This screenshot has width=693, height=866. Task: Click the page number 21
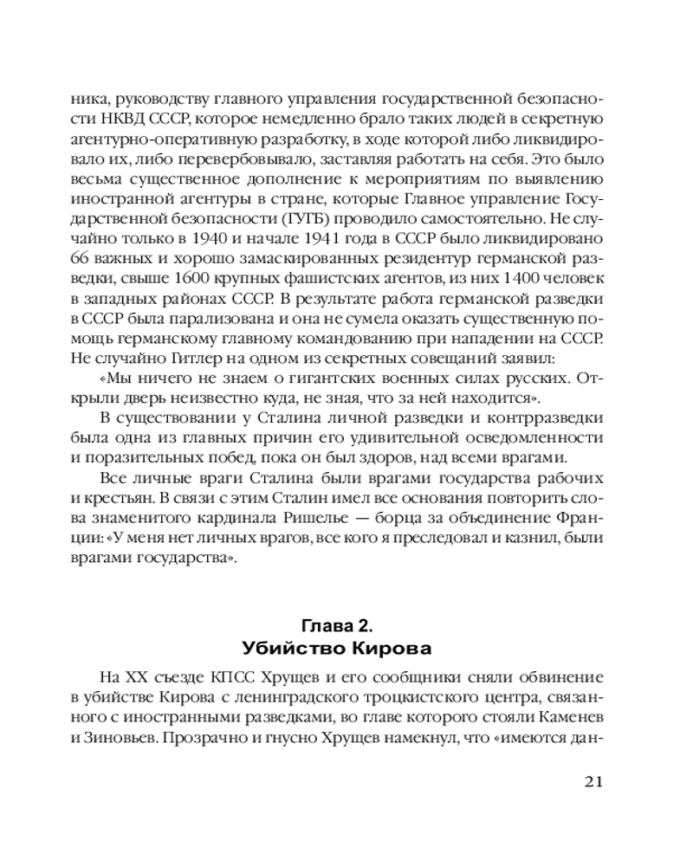(593, 781)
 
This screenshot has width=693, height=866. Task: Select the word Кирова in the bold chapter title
(400, 649)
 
